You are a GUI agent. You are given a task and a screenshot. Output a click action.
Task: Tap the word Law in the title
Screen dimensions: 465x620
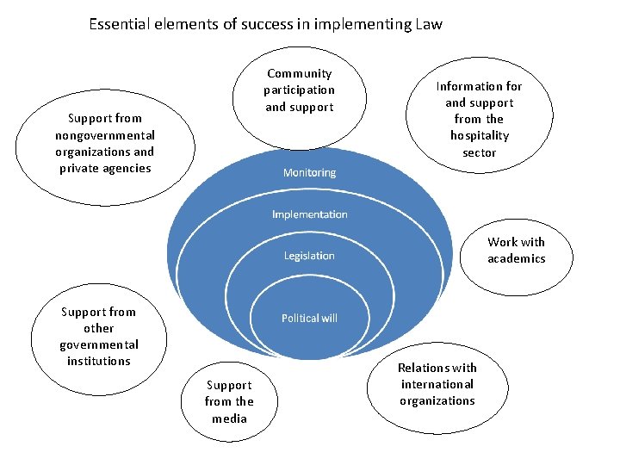[x=428, y=24]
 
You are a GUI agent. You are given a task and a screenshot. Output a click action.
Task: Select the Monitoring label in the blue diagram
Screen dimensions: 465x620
[x=310, y=172]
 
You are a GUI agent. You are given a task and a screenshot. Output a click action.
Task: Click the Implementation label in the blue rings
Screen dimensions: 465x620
[x=310, y=214]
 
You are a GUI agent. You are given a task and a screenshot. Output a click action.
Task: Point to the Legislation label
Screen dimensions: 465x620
[x=309, y=256]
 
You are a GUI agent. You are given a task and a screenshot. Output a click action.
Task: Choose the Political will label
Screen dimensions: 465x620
[x=310, y=319]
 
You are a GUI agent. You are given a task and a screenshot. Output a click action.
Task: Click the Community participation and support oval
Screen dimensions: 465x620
[x=300, y=96]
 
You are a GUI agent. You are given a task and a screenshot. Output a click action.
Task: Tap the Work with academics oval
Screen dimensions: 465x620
[x=516, y=250]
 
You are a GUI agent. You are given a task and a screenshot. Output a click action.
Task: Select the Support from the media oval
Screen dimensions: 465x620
[x=228, y=401]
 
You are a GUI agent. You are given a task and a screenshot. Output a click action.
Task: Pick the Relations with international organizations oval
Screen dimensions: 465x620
[x=437, y=384]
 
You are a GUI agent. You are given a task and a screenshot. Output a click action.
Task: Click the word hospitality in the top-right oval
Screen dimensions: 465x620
[x=480, y=135]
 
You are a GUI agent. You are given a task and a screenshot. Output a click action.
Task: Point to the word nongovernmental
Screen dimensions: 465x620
[x=105, y=135]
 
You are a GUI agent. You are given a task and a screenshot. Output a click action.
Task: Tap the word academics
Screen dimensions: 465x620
[x=517, y=258]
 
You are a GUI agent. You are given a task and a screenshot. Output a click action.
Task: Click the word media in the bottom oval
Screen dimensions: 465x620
[x=229, y=418]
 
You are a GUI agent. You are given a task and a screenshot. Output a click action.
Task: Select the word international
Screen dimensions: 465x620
[x=437, y=384]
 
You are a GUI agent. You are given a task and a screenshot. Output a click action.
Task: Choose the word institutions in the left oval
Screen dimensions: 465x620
[x=99, y=361]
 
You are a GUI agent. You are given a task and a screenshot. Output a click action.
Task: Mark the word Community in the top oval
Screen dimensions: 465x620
[x=299, y=74]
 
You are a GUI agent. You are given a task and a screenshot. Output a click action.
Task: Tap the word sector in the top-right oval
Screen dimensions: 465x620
[x=480, y=152]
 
